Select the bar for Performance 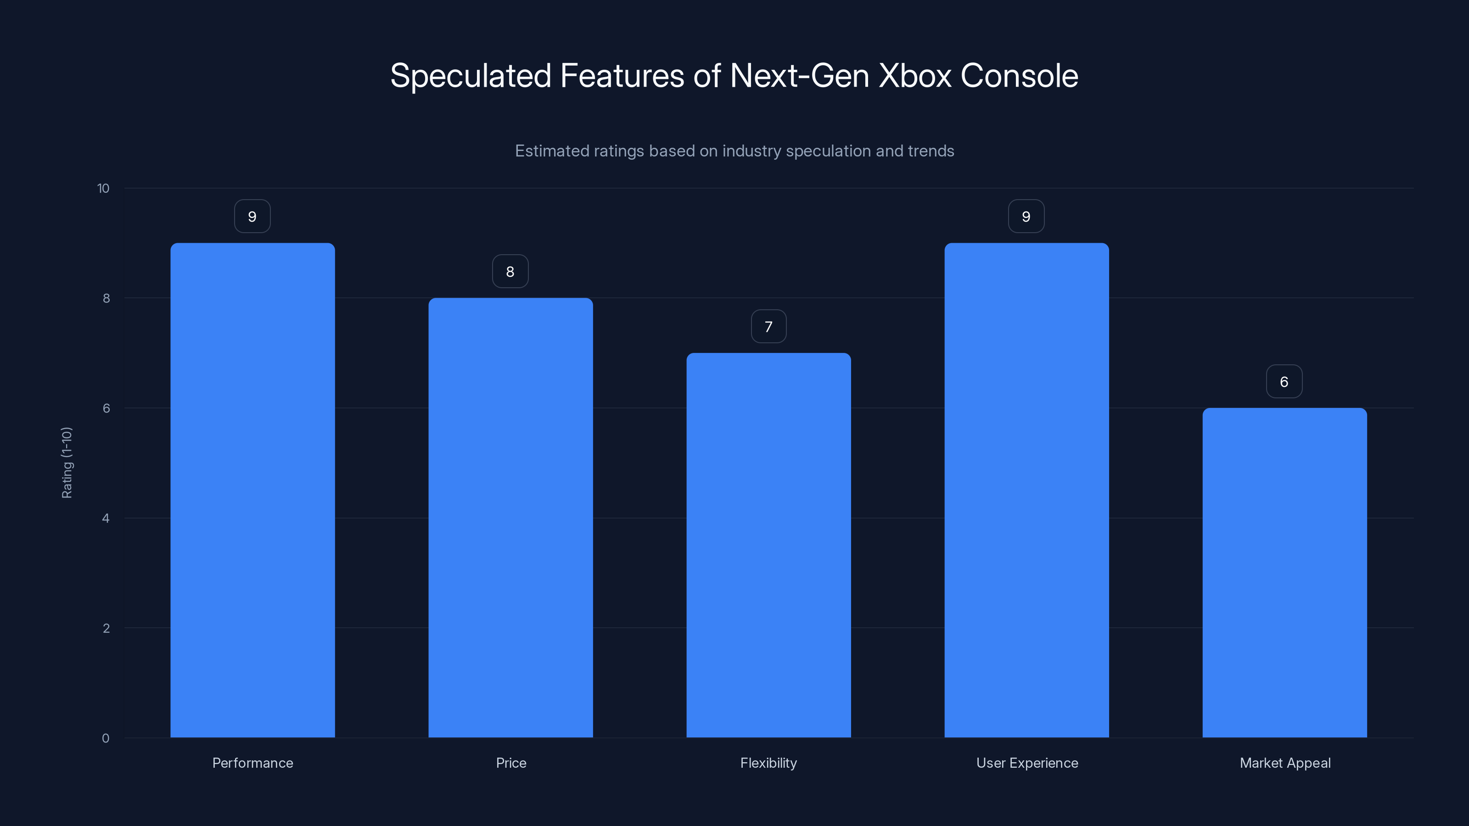[252, 490]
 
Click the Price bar [510, 518]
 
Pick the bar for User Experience [1026, 490]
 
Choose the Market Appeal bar [1284, 572]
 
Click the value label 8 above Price [510, 271]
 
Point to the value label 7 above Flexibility [768, 327]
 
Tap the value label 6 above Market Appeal [1284, 381]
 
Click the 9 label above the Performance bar [252, 217]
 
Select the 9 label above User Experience [1026, 217]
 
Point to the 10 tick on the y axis [103, 189]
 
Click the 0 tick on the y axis [106, 738]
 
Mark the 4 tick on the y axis [106, 518]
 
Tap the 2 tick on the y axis [106, 628]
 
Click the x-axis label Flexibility [768, 763]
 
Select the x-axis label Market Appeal [1285, 763]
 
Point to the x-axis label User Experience [1027, 763]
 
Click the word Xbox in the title [915, 76]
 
